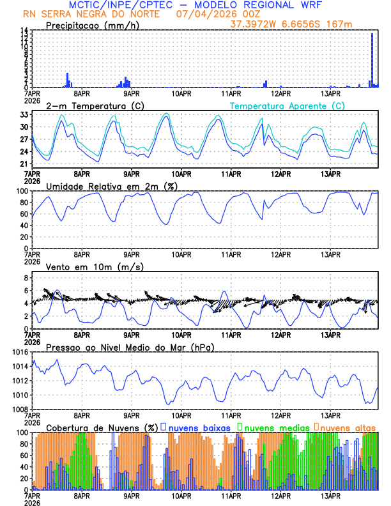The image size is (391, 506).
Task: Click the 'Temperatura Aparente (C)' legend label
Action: pos(287,105)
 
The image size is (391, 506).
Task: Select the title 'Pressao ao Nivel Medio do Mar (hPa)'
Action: pos(130,346)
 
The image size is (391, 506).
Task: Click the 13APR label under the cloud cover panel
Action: pos(330,495)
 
